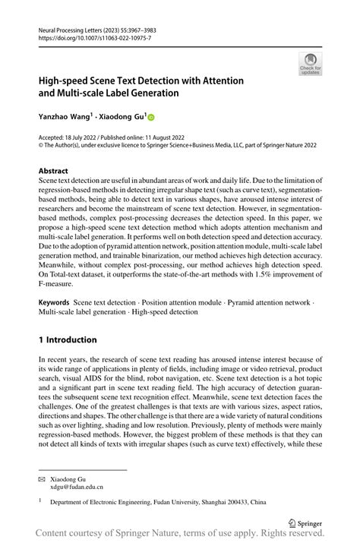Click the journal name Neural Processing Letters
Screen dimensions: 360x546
pos(68,26)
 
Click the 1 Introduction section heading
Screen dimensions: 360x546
pos(68,339)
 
